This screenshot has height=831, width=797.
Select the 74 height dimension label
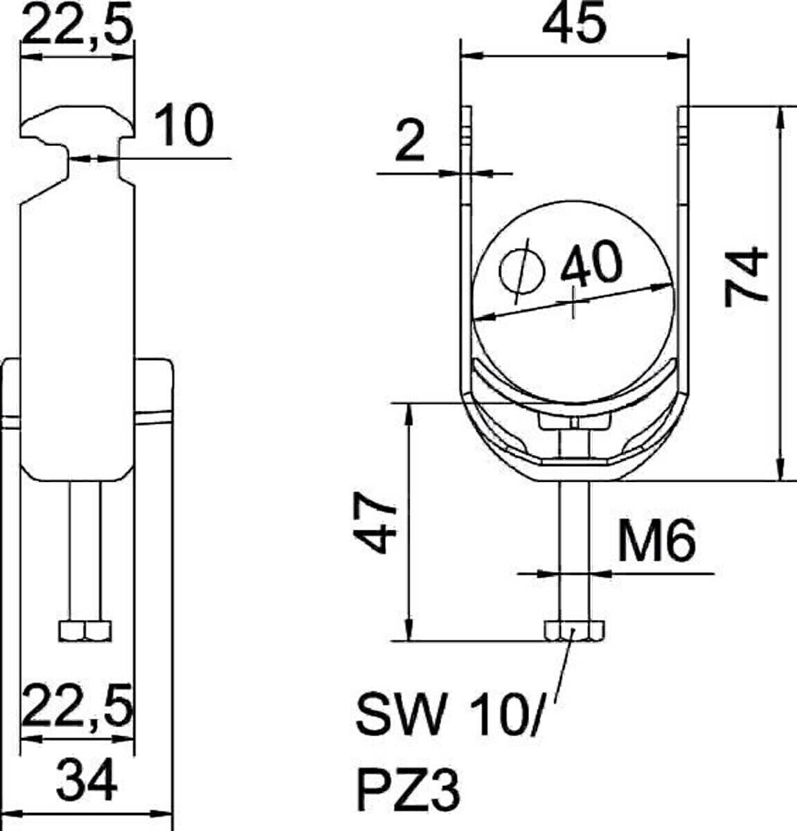pyautogui.click(x=748, y=276)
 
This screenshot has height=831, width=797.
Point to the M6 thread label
pyautogui.click(x=656, y=542)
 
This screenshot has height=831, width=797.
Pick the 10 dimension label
pyautogui.click(x=183, y=127)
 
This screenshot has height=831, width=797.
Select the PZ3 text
pyautogui.click(x=409, y=790)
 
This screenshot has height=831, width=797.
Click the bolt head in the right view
pyautogui.click(x=574, y=631)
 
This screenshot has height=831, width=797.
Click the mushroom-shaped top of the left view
pyautogui.click(x=76, y=125)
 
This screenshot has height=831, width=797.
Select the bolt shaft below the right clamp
pyautogui.click(x=574, y=547)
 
